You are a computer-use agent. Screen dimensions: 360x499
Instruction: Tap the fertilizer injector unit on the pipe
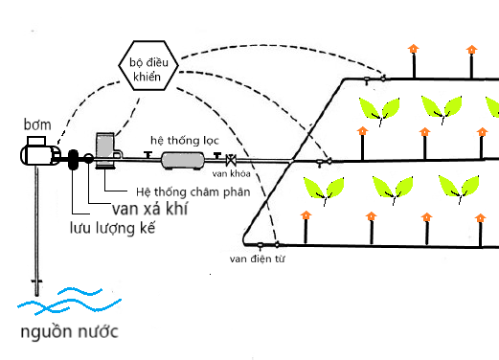point(105,153)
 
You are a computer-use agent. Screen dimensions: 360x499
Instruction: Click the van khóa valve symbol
point(230,160)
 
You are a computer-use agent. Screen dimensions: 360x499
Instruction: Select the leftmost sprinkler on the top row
point(413,57)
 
